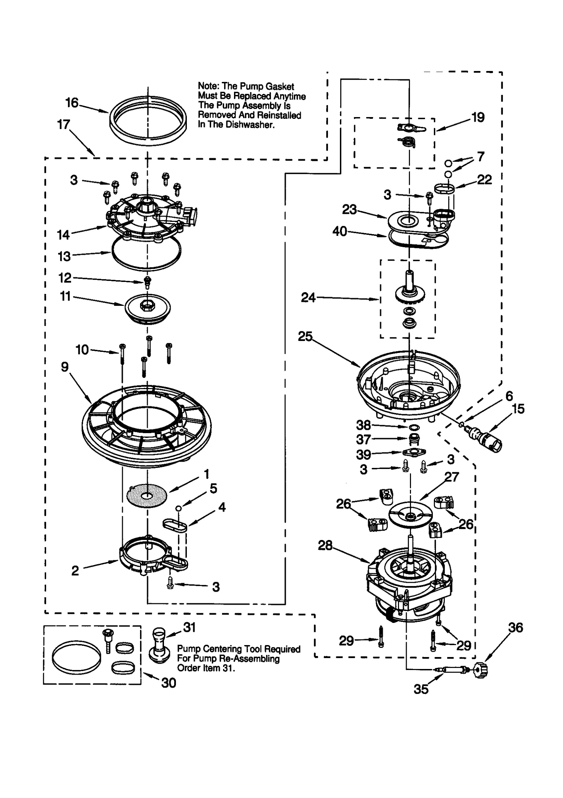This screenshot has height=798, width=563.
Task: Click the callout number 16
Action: pos(72,103)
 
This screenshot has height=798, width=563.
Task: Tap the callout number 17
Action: pos(64,124)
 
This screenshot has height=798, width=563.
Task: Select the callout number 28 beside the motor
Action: pos(325,545)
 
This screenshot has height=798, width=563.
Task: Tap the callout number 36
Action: pos(515,628)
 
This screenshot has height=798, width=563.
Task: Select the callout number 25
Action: pos(305,336)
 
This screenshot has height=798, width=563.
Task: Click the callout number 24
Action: pos(308,298)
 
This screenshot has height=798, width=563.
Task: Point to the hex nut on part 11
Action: pos(145,306)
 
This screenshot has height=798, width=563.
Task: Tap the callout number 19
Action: pos(477,117)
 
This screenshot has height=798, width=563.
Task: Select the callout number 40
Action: pos(340,231)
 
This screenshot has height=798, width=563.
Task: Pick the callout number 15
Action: pos(518,408)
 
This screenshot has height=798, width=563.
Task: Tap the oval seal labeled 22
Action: pos(444,188)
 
